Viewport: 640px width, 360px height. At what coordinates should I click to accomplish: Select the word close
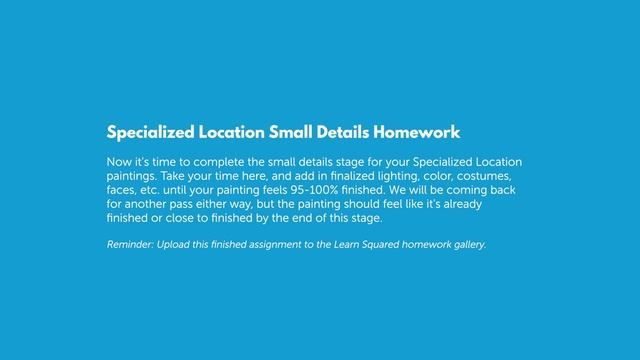pyautogui.click(x=184, y=217)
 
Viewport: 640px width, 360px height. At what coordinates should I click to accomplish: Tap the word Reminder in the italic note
pyautogui.click(x=131, y=244)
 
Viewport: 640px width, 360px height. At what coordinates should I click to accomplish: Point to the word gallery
pyautogui.click(x=467, y=244)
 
